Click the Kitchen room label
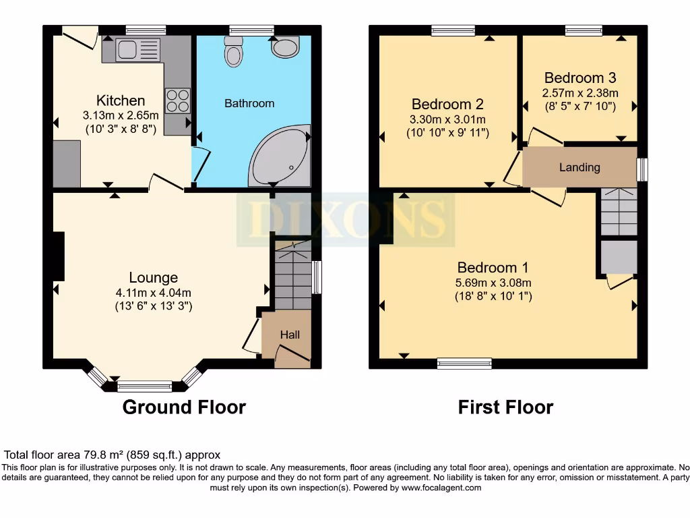point(121,100)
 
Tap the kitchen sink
point(137,50)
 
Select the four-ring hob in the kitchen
point(177,101)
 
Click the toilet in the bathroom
point(234,51)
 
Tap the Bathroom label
point(249,103)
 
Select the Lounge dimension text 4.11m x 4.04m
point(154,293)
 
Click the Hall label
point(290,335)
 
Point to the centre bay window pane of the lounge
point(144,386)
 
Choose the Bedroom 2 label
point(447,104)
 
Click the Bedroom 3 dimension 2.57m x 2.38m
point(580,93)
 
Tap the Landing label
point(579,167)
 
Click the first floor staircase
point(618,212)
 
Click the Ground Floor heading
point(184,407)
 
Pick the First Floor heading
point(505,407)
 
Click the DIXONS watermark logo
point(345,219)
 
